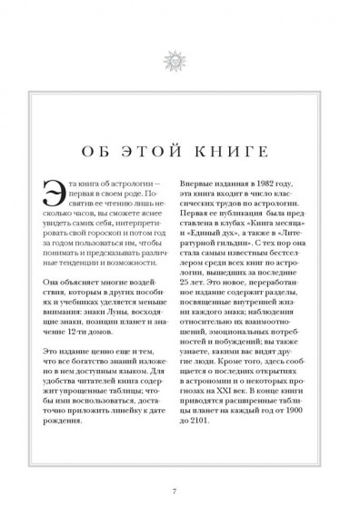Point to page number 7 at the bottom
[180, 493]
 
